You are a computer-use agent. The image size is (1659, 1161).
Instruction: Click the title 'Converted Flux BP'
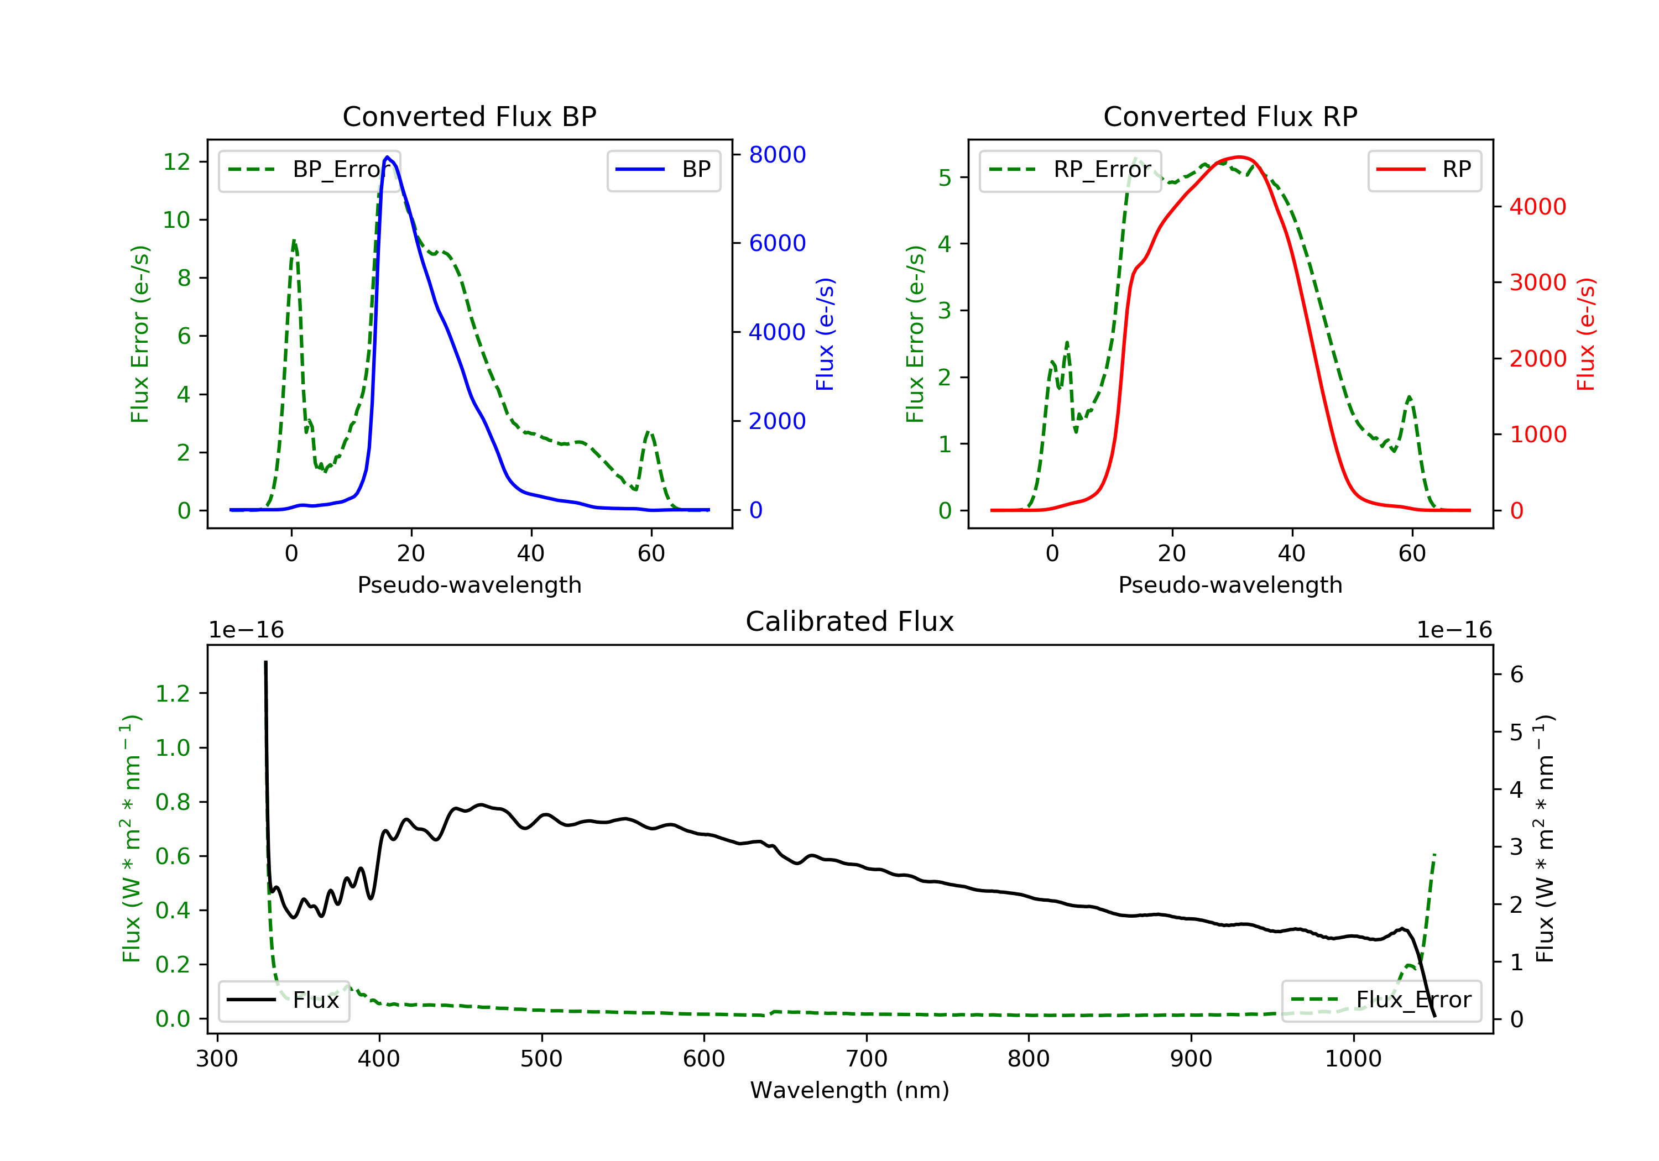point(469,116)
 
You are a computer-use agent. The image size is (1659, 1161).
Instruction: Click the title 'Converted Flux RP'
point(1230,116)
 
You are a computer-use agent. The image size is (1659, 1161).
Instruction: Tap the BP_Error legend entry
point(309,170)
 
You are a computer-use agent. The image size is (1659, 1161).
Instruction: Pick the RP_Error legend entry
point(1070,170)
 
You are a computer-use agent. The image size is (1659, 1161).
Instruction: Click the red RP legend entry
point(1424,170)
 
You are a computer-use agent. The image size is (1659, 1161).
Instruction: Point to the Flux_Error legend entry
point(1381,1000)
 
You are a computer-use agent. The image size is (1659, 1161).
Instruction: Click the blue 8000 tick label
point(777,155)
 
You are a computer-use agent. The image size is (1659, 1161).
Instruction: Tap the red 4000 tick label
point(1537,207)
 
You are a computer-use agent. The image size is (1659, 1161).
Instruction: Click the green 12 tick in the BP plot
point(176,162)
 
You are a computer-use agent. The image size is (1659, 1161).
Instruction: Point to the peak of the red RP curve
point(1239,157)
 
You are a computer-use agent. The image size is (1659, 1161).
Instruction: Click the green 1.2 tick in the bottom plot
point(172,694)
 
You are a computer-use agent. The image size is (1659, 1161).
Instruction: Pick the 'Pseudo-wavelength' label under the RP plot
point(1230,584)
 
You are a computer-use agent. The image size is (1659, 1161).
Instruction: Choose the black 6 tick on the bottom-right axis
point(1517,675)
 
